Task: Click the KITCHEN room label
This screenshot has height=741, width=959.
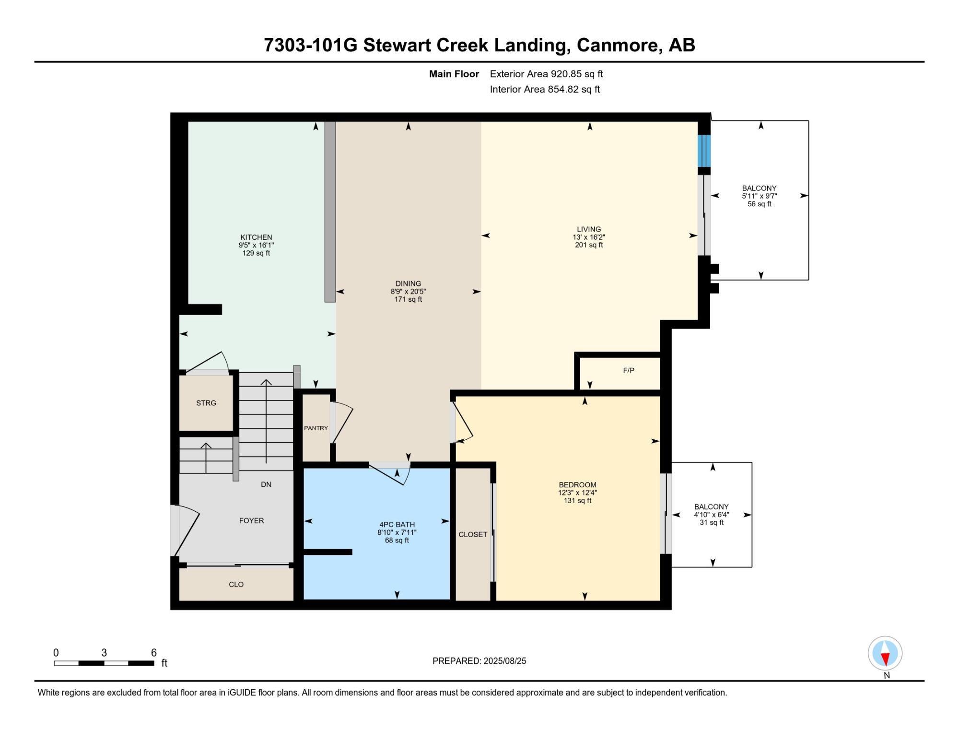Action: [x=256, y=237]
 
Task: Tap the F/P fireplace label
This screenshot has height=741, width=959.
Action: [x=628, y=370]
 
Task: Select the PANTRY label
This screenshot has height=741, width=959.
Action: [x=316, y=428]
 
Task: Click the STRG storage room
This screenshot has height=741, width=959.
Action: [x=206, y=403]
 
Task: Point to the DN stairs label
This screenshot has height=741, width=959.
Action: [x=266, y=484]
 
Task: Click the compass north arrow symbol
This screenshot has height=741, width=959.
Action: [x=885, y=653]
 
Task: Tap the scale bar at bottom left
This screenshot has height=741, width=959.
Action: [x=104, y=663]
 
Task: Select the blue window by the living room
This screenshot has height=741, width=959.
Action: [x=704, y=151]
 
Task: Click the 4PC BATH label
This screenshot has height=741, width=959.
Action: [x=397, y=525]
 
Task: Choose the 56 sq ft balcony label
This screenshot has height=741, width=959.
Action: [x=760, y=204]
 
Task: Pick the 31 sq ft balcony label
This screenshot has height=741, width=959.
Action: [x=712, y=522]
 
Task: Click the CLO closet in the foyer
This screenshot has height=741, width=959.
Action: [x=236, y=584]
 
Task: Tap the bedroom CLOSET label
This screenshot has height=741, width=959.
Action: [x=473, y=534]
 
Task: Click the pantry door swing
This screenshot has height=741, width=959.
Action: [x=342, y=423]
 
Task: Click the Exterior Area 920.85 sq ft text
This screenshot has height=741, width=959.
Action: [x=546, y=74]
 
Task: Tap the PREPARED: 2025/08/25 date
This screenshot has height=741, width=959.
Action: [x=479, y=661]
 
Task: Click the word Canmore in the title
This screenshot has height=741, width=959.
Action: [x=619, y=45]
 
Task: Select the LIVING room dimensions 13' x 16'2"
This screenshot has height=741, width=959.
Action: [x=589, y=237]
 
